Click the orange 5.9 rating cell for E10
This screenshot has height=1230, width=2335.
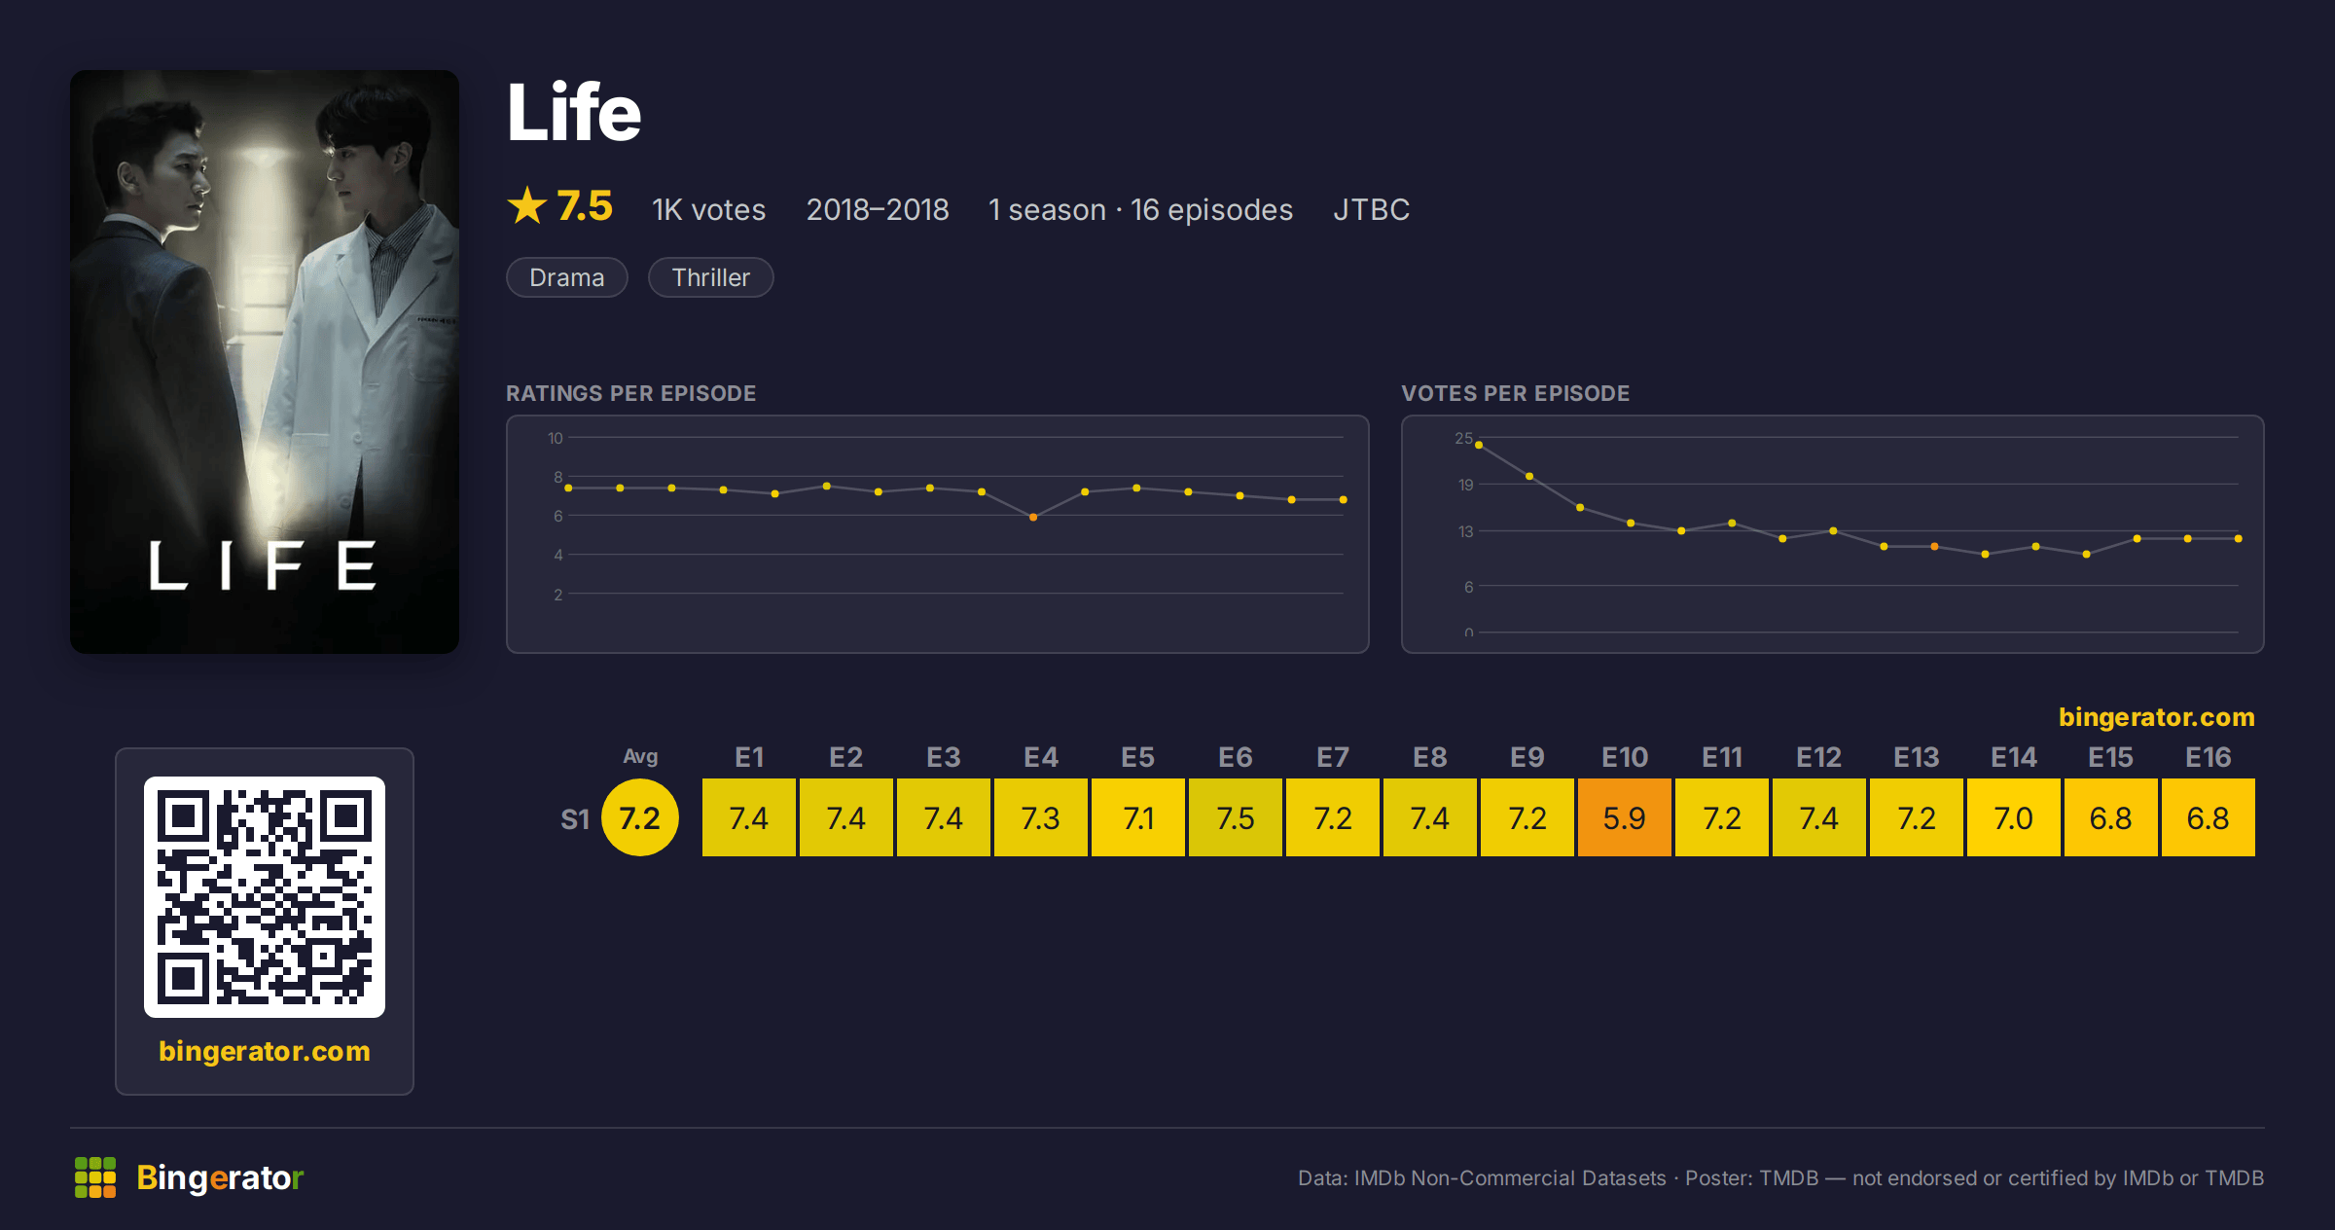click(1624, 817)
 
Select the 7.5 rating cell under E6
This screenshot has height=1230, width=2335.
click(1235, 817)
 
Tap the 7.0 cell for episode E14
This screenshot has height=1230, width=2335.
click(2013, 817)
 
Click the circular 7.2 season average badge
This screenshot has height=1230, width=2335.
click(640, 817)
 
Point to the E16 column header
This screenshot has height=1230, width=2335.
click(2208, 757)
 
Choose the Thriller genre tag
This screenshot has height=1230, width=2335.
click(711, 277)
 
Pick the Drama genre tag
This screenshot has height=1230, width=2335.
click(567, 277)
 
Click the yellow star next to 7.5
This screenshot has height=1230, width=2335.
click(527, 205)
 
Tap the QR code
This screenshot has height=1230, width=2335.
click(265, 897)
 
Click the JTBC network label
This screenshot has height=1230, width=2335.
click(1371, 209)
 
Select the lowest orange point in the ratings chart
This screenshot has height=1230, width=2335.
click(1033, 518)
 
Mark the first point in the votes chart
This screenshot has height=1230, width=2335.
click(1479, 445)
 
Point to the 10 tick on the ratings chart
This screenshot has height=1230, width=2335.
click(555, 438)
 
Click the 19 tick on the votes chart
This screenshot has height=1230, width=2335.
click(1465, 485)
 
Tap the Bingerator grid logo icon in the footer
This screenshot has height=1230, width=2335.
click(95, 1177)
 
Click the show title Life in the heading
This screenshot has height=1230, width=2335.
click(574, 112)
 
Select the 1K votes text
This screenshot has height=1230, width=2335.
click(709, 209)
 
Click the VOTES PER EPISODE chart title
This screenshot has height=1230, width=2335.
click(1515, 393)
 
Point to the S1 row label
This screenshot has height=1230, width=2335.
click(575, 819)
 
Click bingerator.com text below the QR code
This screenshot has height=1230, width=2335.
click(265, 1051)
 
